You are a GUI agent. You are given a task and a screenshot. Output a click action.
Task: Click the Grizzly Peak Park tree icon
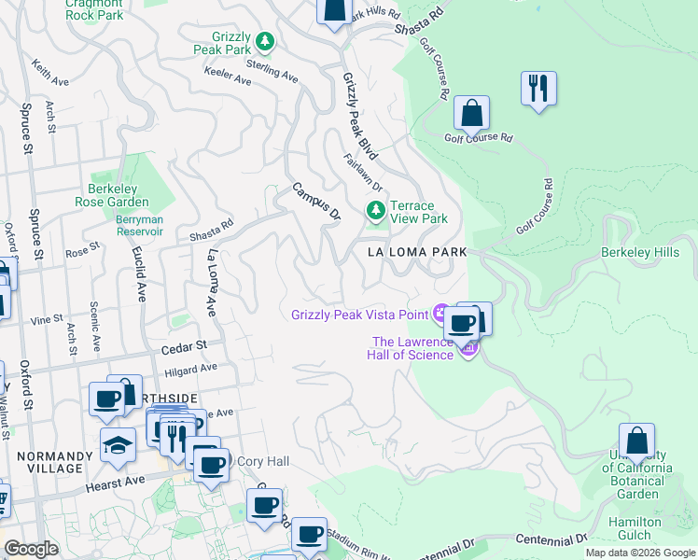[265, 41]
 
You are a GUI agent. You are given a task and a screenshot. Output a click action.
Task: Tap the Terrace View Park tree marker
[375, 212]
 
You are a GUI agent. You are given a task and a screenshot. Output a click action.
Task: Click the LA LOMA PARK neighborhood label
[415, 253]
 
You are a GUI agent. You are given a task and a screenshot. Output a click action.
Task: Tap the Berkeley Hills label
[647, 253]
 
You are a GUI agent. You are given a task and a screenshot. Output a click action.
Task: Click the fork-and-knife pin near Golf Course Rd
[537, 90]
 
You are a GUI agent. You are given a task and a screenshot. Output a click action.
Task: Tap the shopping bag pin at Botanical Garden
[636, 441]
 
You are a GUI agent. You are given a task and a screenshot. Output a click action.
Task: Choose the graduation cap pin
[118, 445]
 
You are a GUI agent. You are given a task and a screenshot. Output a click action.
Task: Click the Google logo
[31, 549]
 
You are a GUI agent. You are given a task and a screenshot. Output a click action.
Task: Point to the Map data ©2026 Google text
[639, 553]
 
